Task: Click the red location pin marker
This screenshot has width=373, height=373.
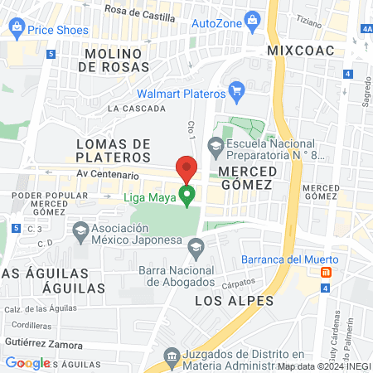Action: click(x=186, y=169)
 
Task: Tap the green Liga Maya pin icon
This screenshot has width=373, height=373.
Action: click(x=187, y=196)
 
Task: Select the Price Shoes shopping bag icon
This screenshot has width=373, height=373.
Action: click(x=17, y=29)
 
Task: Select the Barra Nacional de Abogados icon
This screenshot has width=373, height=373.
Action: click(x=196, y=245)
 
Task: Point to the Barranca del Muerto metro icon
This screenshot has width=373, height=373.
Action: click(x=327, y=272)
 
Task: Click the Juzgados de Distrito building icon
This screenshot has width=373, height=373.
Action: click(x=171, y=356)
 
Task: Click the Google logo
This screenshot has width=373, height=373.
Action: click(x=27, y=363)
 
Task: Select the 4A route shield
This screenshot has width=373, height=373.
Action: click(x=366, y=29)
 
